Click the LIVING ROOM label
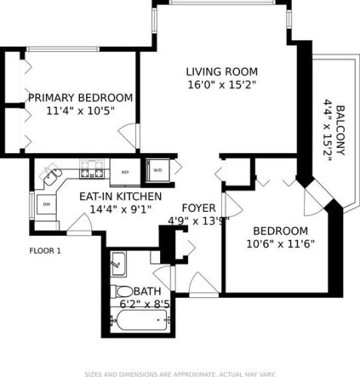pos(222,72)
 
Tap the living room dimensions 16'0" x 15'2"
pos(222,84)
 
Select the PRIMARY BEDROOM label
pos(80,98)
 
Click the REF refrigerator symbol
pos(125,172)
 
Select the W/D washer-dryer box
pos(158,170)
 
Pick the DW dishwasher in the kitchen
pos(46,204)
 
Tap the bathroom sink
pos(119,263)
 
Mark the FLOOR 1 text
pos(45,251)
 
